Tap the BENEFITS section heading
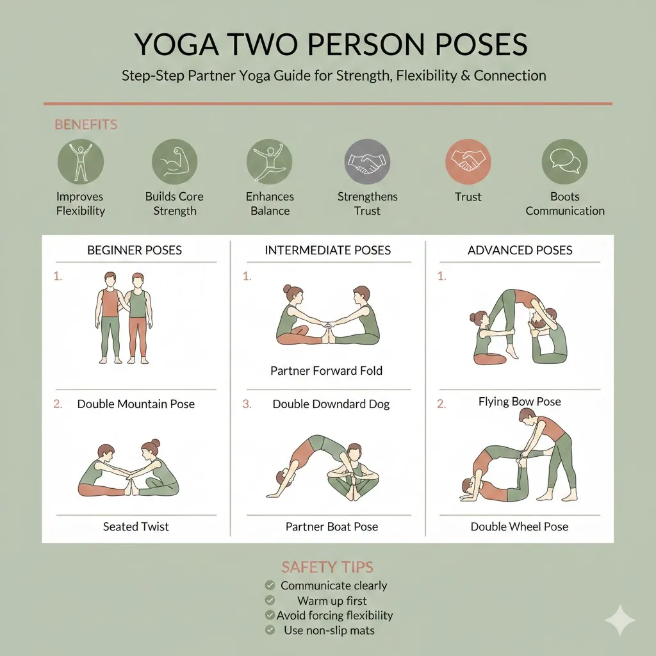pos(86,124)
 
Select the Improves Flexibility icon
pos(80,161)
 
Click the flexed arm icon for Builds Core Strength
pos(174,161)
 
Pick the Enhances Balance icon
pos(270,161)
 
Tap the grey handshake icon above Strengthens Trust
pos(367,161)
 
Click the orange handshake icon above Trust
pos(468,161)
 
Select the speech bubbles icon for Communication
pos(564,161)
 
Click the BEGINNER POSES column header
pos(135,250)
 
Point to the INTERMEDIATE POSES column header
pos(327,250)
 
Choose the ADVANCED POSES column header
pos(520,250)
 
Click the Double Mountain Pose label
pos(136,404)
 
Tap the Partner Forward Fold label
pos(326,371)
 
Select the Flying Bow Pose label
pos(520,402)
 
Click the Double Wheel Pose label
pos(520,527)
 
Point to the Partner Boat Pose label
pos(331,527)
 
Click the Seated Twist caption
pos(136,527)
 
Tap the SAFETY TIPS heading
pos(327,567)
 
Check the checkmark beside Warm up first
pos(270,601)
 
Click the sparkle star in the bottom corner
pos(620,620)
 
